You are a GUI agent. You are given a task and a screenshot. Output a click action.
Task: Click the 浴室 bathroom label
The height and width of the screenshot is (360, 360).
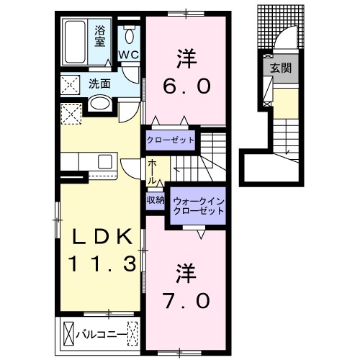(x=100, y=35)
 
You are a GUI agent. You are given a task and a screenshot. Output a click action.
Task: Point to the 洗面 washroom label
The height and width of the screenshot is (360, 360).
(x=99, y=84)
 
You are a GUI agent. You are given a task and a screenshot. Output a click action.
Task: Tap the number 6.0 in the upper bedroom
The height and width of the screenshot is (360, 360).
(x=185, y=86)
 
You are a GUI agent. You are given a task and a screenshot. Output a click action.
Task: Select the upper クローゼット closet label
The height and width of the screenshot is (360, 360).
(x=171, y=139)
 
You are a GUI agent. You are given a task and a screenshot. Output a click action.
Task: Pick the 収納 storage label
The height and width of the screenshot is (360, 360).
(x=155, y=199)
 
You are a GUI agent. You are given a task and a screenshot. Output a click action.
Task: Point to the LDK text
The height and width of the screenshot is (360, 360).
(x=103, y=236)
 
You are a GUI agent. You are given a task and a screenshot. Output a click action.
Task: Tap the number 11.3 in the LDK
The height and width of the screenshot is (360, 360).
(x=102, y=264)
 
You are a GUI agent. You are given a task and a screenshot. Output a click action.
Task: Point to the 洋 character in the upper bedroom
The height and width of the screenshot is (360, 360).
(x=185, y=56)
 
